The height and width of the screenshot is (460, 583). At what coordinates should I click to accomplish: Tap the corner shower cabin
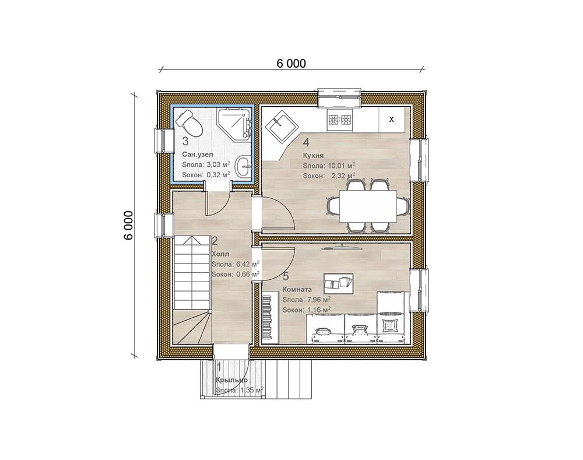tap(234, 125)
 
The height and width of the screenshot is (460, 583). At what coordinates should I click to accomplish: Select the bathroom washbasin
tap(244, 167)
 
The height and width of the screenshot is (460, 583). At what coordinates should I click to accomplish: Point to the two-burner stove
tap(339, 120)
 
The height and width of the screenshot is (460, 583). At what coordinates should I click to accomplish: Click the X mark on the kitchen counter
tap(391, 120)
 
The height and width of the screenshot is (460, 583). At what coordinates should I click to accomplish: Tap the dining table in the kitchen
tap(368, 206)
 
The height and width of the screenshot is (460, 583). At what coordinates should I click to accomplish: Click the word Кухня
tap(313, 156)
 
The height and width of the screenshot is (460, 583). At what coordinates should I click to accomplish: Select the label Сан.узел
tap(198, 154)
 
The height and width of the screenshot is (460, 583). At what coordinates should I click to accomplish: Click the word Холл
tap(220, 254)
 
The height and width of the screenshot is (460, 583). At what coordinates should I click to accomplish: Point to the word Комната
tap(297, 289)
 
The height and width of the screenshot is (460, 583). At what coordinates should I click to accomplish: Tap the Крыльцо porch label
tap(231, 380)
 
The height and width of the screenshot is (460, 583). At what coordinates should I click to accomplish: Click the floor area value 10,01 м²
tap(341, 166)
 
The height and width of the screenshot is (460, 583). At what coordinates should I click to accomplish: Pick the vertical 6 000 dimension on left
tap(128, 226)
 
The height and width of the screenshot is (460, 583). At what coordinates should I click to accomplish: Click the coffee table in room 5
tap(338, 283)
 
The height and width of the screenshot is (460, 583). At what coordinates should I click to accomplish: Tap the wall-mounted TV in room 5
tap(338, 247)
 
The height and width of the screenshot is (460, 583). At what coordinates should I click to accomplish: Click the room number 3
tap(185, 141)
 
